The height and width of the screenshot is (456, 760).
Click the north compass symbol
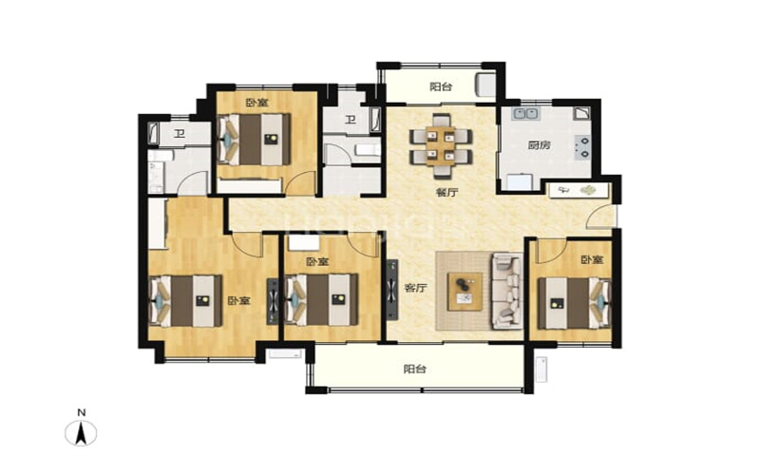point(82,432)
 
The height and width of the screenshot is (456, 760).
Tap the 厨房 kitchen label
point(539,144)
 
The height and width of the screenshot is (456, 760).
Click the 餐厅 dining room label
point(446,193)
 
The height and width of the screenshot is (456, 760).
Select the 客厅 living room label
point(415,288)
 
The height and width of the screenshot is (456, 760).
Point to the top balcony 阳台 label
point(441,86)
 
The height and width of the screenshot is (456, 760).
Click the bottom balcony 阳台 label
point(415,369)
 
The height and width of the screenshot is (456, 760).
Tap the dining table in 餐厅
point(441,146)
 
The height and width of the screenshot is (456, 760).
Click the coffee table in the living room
point(465,292)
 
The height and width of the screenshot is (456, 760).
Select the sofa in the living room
point(507,291)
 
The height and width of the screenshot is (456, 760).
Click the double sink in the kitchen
point(526,114)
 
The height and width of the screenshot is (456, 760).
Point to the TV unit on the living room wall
point(391,290)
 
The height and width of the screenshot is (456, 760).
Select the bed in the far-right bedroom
point(575,303)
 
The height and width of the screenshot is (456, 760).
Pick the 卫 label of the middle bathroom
point(351,119)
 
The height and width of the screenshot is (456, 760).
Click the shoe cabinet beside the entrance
point(578,190)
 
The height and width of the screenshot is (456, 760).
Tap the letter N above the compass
point(82,413)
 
